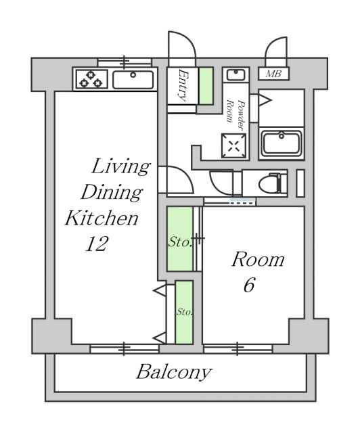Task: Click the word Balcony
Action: point(174,373)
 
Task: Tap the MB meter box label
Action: point(273,74)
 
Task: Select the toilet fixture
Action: point(273,183)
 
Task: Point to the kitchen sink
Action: point(133,80)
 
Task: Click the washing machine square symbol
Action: point(233,146)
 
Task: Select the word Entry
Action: point(183,86)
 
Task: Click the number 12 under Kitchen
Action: point(96,244)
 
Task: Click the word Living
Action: point(120,167)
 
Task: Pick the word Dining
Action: point(112,192)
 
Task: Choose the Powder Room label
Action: point(235,114)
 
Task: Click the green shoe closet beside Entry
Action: point(206,86)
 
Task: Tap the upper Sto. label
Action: point(180,242)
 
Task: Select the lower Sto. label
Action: point(185,313)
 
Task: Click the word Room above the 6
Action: point(258,260)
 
